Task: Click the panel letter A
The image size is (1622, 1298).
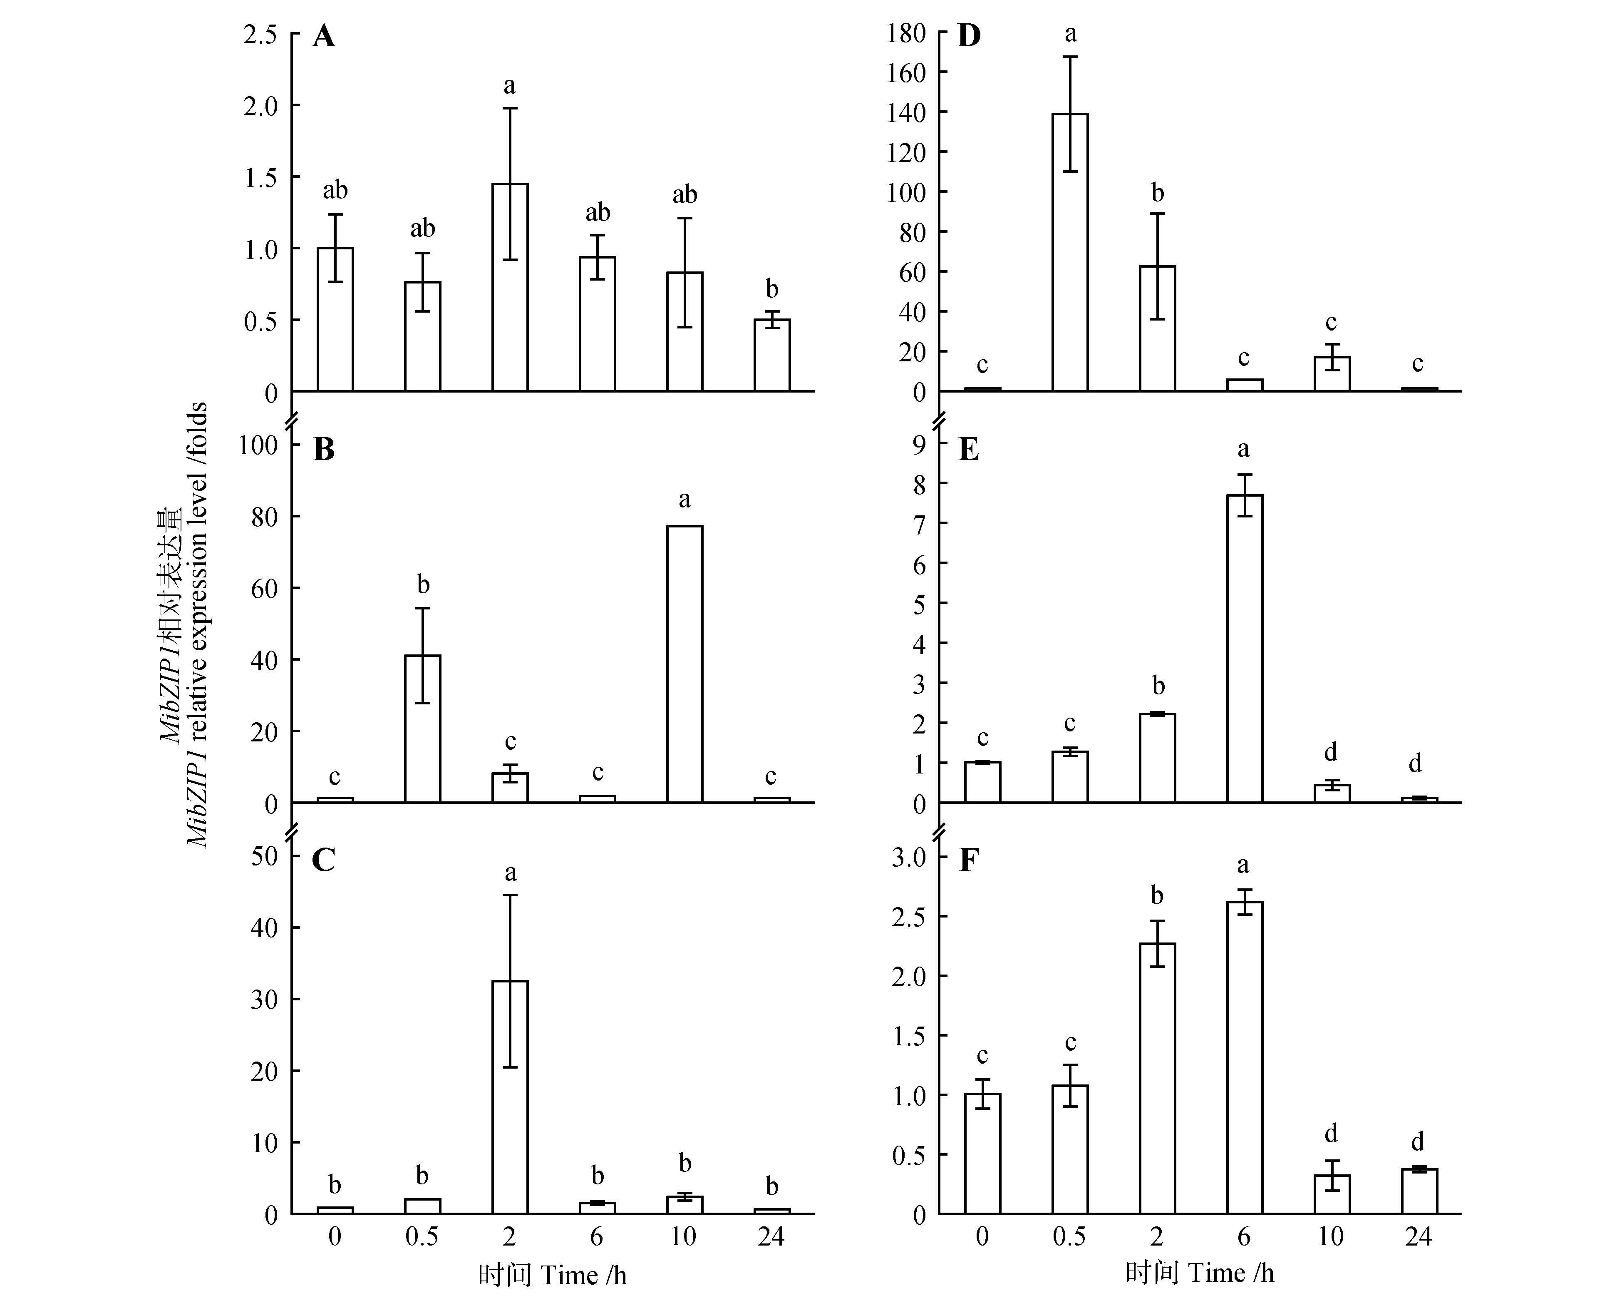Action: pos(323,36)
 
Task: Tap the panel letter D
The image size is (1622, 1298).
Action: pos(969,36)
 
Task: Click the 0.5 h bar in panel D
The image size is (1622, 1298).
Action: pos(1070,252)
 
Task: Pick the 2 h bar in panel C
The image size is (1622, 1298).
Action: pos(510,1097)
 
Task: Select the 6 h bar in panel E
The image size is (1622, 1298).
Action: pos(1244,649)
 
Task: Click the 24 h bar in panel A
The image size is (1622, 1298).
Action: pos(772,355)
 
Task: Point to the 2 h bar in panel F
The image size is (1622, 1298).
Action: pos(1157,1078)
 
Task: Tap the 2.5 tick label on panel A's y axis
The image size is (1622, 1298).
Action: pos(260,35)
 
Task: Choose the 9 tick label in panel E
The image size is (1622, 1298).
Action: pos(919,444)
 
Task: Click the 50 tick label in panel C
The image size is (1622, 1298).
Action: pos(265,856)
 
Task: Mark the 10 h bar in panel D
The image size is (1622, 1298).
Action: pos(1332,374)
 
